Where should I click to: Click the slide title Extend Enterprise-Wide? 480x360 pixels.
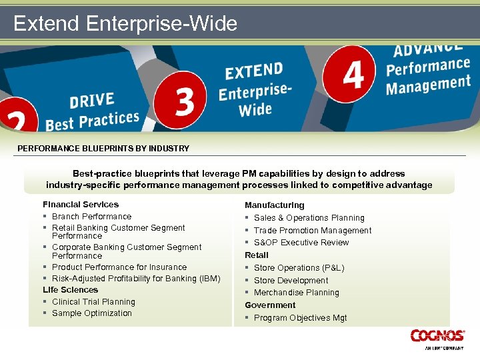125,24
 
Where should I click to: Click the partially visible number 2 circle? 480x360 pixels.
15,120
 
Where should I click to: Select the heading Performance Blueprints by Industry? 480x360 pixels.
103,149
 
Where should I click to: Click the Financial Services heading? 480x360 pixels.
81,205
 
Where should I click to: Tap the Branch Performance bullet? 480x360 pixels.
91,217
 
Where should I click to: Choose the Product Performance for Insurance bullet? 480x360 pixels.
119,267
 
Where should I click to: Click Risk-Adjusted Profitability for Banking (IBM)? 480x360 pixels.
136,279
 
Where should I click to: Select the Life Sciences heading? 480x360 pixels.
70,290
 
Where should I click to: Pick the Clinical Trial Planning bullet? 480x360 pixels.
93,302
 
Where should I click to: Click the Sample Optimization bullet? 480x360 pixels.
92,313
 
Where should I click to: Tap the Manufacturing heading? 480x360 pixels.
274,205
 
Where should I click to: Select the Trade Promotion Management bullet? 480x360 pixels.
313,231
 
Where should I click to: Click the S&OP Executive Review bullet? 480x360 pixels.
301,243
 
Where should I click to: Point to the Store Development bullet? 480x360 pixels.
291,281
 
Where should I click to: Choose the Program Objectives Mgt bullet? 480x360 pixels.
300,318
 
